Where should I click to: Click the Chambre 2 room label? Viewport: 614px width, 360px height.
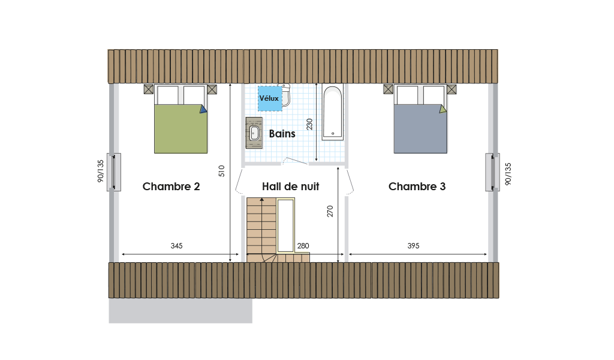(x=171, y=187)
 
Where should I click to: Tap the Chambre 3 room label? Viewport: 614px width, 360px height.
(x=417, y=187)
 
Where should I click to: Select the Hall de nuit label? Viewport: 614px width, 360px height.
(x=291, y=187)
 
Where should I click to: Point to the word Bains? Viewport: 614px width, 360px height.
(x=282, y=134)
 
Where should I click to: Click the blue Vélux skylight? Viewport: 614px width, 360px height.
(x=270, y=98)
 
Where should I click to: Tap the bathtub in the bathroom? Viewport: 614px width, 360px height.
(x=333, y=112)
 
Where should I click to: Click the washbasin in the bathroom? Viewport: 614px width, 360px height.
(x=254, y=133)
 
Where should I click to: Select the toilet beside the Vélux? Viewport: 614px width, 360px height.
(x=286, y=95)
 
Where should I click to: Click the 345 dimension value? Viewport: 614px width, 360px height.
(x=176, y=246)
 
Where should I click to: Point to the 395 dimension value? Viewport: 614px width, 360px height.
(x=413, y=246)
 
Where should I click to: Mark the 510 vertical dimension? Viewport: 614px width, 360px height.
(x=222, y=171)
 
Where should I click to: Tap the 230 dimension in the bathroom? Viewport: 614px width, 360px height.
(x=309, y=124)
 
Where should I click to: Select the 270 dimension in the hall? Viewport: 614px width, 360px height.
(x=330, y=211)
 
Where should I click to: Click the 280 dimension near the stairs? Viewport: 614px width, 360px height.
(x=303, y=246)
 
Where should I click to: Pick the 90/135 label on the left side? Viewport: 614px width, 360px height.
(x=101, y=171)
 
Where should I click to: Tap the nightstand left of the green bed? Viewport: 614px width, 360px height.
(x=149, y=89)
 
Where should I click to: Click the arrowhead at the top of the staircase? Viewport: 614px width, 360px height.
(x=261, y=200)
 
